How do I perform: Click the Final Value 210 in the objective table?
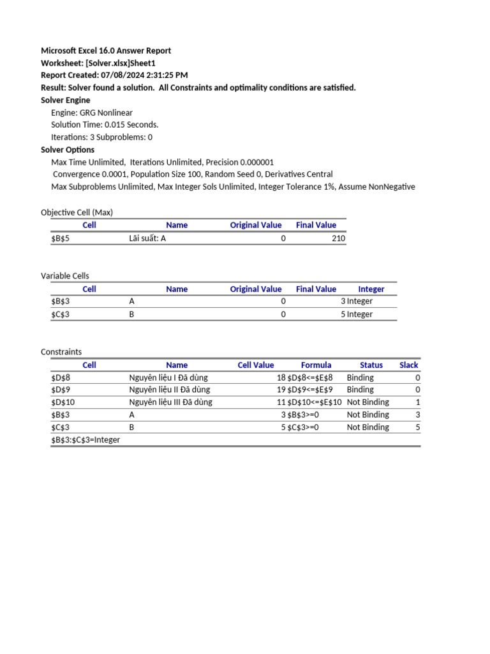coord(338,238)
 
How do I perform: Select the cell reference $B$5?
coord(63,238)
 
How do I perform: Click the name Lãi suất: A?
coord(147,238)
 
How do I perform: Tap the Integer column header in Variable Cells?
coord(371,289)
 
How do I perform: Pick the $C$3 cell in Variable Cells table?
coord(63,314)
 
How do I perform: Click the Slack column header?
coord(408,365)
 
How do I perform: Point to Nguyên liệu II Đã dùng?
coord(169,390)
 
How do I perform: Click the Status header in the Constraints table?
coord(371,365)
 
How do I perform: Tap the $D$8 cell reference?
coord(63,377)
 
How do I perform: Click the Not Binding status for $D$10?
coord(367,402)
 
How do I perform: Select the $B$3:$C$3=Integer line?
coord(85,440)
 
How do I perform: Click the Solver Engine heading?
coord(66,100)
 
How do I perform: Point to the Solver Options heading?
coord(68,150)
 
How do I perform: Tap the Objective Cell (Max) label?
coord(77,213)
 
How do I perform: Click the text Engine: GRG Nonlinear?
coord(92,112)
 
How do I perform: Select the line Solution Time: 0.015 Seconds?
coord(105,125)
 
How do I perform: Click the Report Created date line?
coord(114,75)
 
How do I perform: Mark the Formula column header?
coord(316,365)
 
